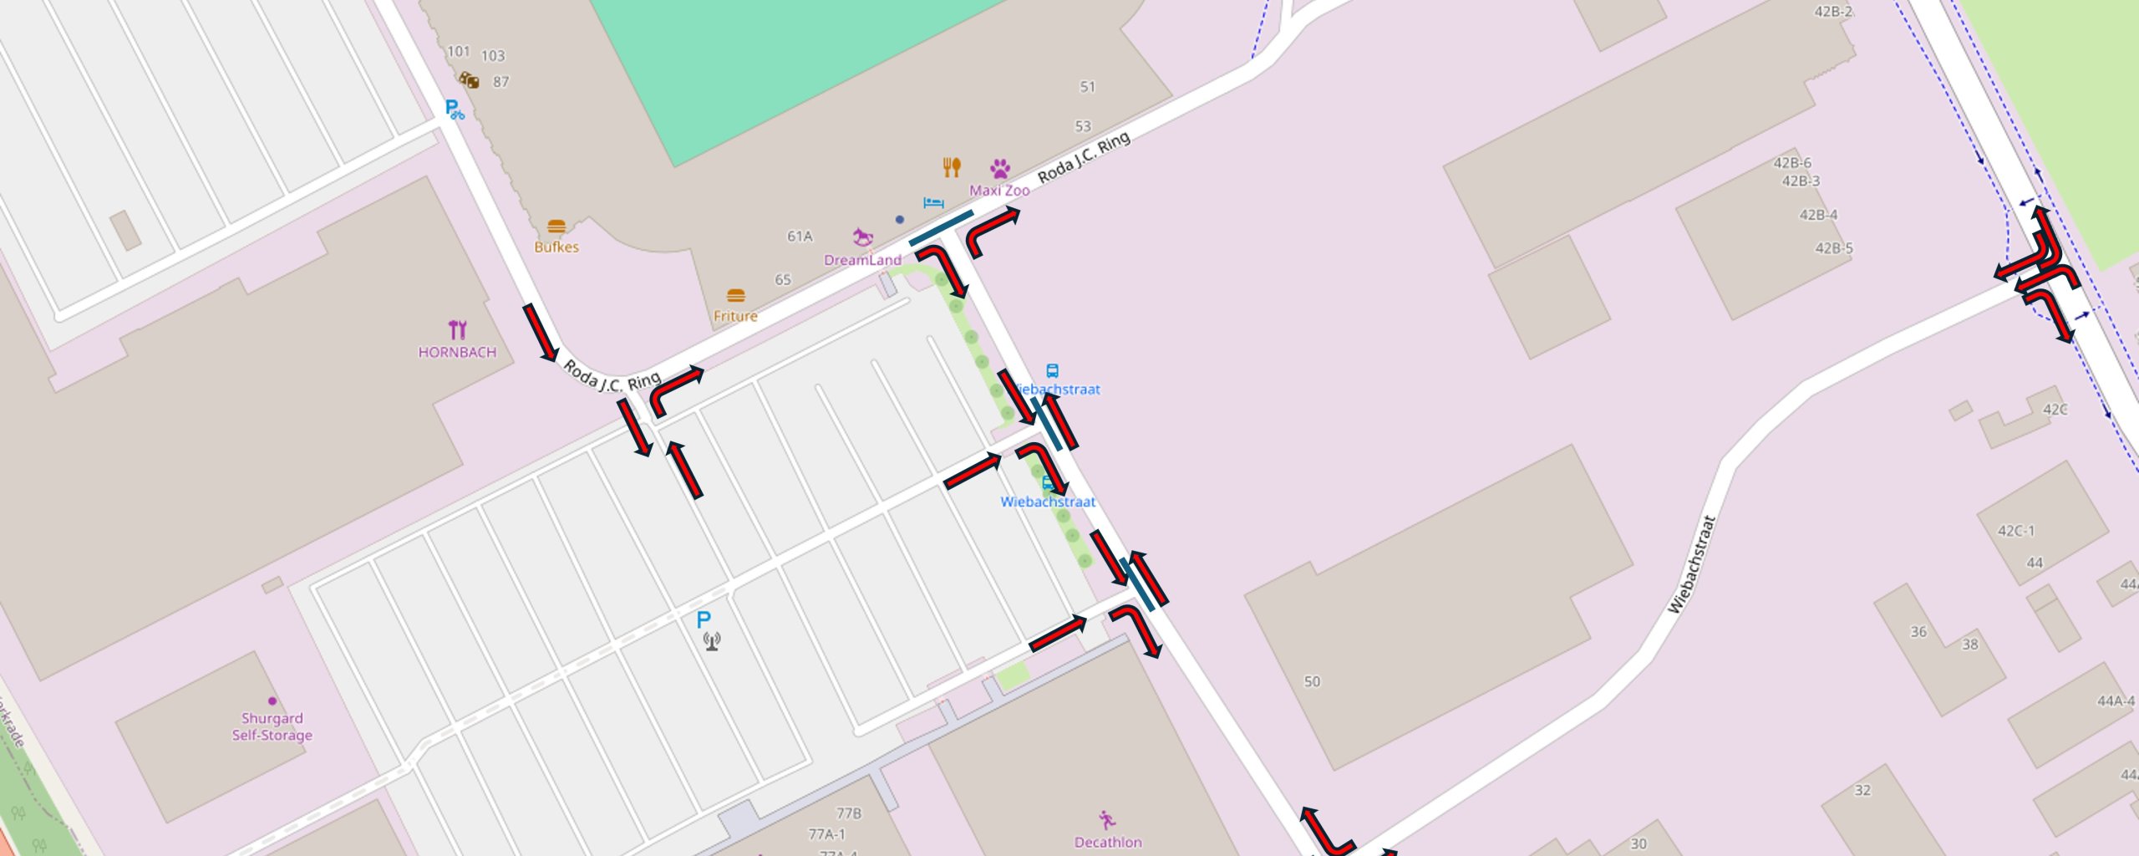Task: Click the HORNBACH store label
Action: click(457, 353)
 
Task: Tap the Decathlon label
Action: click(1108, 842)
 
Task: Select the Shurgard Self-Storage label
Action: click(272, 726)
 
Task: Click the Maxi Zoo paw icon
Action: click(1000, 169)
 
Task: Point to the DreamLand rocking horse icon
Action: click(862, 237)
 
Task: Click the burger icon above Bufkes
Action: click(556, 227)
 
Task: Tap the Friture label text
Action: click(735, 316)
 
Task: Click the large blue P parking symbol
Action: click(704, 619)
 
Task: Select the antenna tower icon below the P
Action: click(711, 641)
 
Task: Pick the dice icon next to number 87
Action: click(470, 80)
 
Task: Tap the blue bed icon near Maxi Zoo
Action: click(933, 202)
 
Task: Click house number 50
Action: click(1312, 681)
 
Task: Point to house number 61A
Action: click(800, 237)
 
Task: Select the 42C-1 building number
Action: click(2015, 531)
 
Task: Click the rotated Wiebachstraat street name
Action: click(1691, 565)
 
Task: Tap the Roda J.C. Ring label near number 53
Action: click(1084, 157)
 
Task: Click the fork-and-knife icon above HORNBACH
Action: click(457, 329)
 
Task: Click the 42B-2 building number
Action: click(1833, 12)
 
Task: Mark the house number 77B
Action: click(848, 813)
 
